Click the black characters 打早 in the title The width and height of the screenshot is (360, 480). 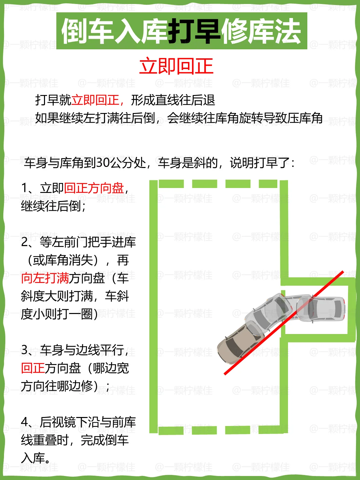pyautogui.click(x=193, y=31)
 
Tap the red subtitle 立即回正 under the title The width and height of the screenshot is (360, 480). pyautogui.click(x=176, y=66)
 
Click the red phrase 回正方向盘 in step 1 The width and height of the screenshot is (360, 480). pyautogui.click(x=94, y=188)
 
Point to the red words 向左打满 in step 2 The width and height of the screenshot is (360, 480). pyautogui.click(x=45, y=278)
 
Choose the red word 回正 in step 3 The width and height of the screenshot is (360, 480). pyautogui.click(x=33, y=368)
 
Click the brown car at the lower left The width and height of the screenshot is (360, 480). pyautogui.click(x=237, y=343)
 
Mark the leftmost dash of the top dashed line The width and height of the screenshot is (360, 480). pyautogui.click(x=171, y=184)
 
